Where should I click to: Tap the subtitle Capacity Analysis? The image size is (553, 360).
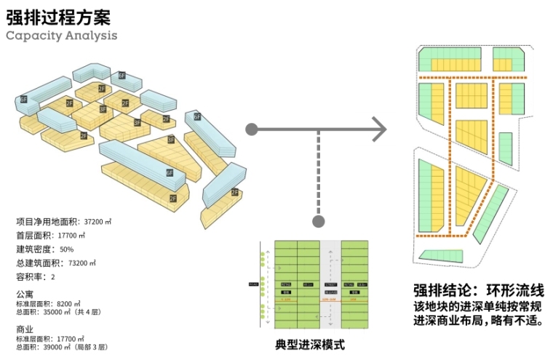tap(61, 34)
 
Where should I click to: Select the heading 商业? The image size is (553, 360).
tap(25, 329)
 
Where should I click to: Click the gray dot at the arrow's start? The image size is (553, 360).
tap(251, 129)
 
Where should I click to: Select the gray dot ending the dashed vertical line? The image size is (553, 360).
tap(317, 220)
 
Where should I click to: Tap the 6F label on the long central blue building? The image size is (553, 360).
tap(169, 174)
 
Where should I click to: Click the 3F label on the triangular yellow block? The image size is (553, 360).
tap(171, 140)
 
